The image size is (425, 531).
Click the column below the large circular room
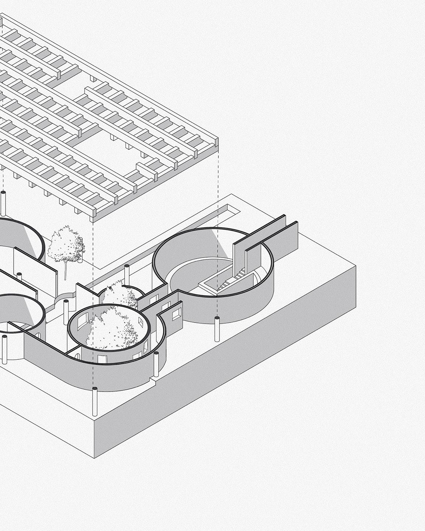(x=217, y=329)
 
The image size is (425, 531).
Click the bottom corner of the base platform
(x=95, y=458)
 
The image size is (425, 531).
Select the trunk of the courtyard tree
(x=66, y=269)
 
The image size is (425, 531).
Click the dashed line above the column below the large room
(x=217, y=258)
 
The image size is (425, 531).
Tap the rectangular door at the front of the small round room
(x=100, y=358)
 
